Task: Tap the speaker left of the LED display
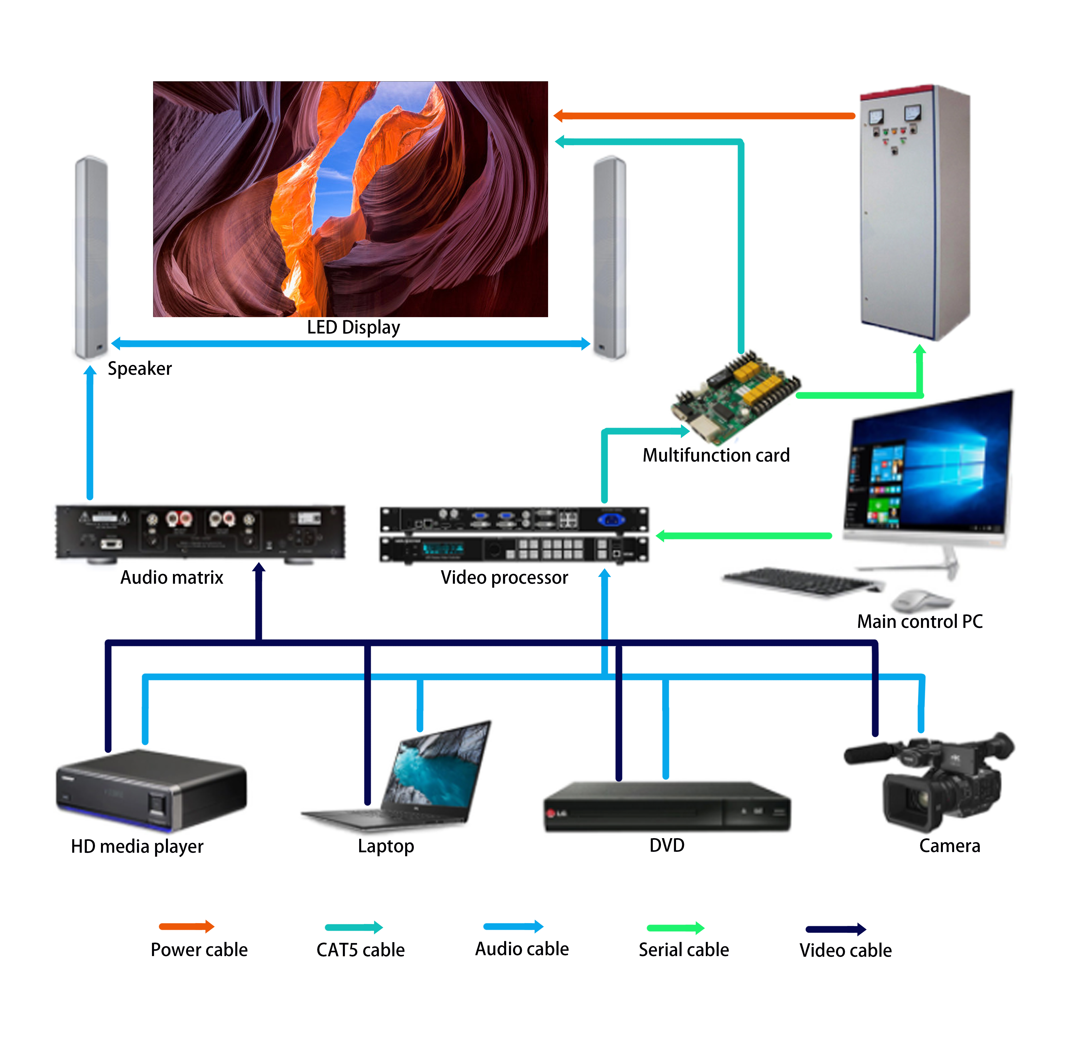[91, 257]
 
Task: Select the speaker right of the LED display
[610, 257]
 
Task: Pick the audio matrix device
[201, 532]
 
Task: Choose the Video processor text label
[504, 578]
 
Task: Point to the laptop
[415, 776]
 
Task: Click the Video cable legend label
[845, 951]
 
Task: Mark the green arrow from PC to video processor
[743, 536]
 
